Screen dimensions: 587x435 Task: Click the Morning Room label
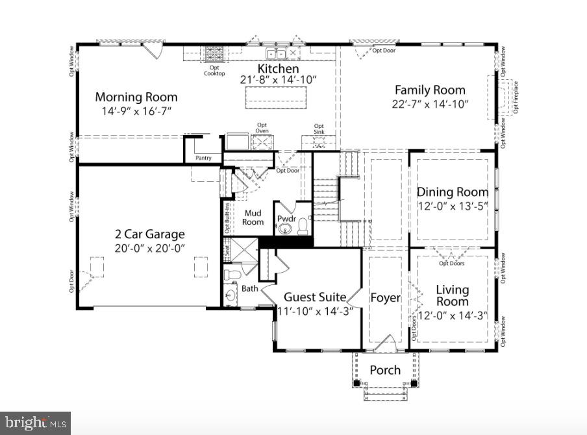click(136, 97)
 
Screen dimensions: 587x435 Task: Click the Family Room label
click(430, 90)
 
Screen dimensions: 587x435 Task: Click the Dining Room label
click(453, 192)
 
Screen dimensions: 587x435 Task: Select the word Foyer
click(385, 298)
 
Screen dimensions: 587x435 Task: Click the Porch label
click(385, 370)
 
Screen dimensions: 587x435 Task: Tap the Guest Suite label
click(315, 297)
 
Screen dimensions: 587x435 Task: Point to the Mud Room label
click(253, 217)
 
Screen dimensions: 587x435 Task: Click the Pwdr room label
click(286, 219)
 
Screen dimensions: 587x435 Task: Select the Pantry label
click(203, 158)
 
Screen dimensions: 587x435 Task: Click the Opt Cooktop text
click(215, 71)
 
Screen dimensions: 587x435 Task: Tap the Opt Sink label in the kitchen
click(319, 129)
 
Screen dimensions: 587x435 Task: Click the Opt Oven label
click(262, 128)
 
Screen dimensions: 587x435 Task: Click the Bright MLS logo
click(35, 423)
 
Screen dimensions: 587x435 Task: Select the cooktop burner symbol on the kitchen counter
click(215, 54)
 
